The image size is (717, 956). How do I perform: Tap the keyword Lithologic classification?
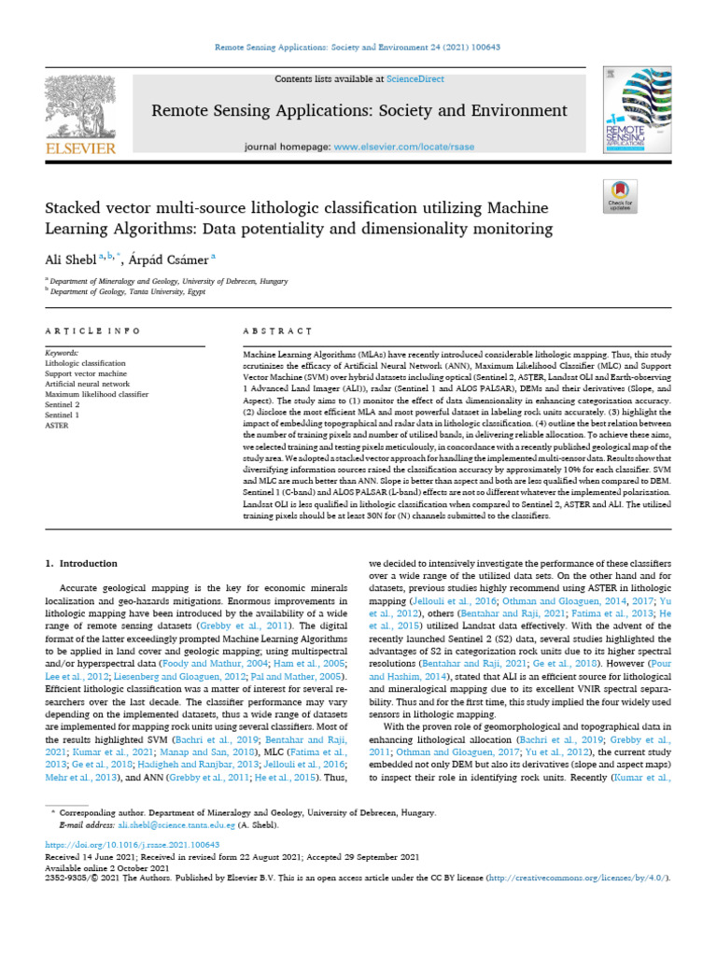[x=84, y=362]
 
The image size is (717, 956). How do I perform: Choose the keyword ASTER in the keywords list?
[x=57, y=424]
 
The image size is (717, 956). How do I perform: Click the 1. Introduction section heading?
[x=81, y=564]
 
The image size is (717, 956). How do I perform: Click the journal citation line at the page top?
[x=358, y=47]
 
